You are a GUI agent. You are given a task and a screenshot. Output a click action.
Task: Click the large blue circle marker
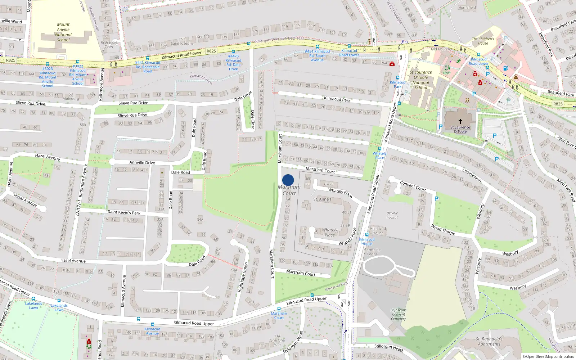click(288, 180)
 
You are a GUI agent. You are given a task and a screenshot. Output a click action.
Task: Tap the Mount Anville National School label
click(63, 32)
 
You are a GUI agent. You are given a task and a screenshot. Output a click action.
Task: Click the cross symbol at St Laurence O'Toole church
click(460, 121)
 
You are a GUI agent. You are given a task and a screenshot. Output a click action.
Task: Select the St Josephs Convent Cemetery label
click(398, 314)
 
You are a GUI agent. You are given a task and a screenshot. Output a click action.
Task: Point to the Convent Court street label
click(413, 186)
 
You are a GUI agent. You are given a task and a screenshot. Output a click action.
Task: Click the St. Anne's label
click(322, 199)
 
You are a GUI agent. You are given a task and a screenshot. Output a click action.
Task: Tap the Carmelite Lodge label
click(372, 252)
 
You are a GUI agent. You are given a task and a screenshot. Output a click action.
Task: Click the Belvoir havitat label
click(392, 215)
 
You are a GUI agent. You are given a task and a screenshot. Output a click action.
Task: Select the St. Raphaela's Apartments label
click(489, 341)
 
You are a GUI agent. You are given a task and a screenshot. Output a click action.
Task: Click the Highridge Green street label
click(244, 277)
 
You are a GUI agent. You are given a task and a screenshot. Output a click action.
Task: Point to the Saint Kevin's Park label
click(124, 212)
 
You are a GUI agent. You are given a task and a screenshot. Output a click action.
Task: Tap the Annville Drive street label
click(142, 162)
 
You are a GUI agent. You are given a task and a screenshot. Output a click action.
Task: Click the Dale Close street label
click(252, 120)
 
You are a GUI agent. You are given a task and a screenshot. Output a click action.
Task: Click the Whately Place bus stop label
click(379, 156)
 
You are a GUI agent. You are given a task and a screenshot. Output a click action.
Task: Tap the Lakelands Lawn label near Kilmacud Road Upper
click(33, 305)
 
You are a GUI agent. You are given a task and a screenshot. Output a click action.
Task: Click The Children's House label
click(483, 41)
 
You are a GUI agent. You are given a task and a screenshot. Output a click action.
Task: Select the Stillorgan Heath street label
click(389, 348)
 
